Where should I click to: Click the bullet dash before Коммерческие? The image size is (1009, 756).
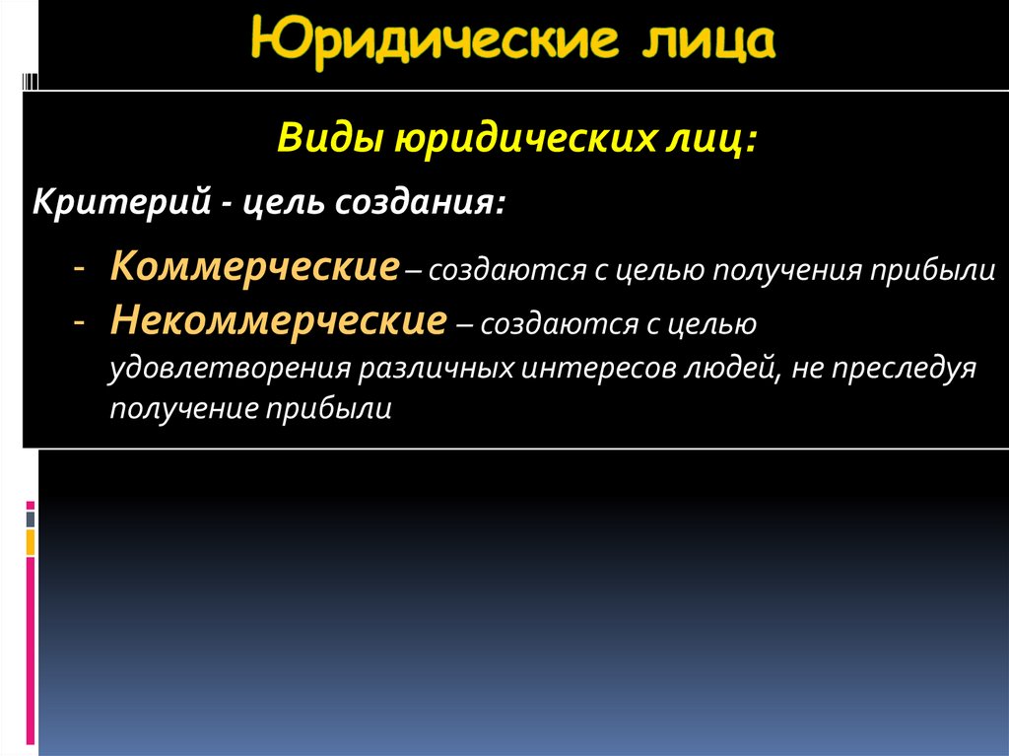point(78,269)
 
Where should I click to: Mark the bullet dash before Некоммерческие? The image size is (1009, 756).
point(78,321)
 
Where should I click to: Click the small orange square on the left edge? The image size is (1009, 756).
point(31,542)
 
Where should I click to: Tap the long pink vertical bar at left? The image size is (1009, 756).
point(31,651)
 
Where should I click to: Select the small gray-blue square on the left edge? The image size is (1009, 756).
point(31,518)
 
